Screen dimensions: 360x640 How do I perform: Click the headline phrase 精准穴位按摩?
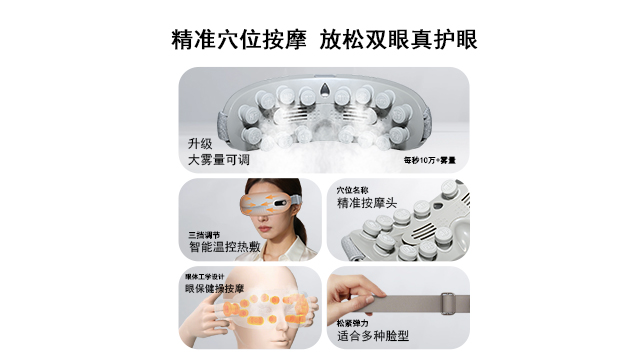(238, 40)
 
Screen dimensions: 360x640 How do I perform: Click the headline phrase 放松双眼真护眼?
(399, 40)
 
